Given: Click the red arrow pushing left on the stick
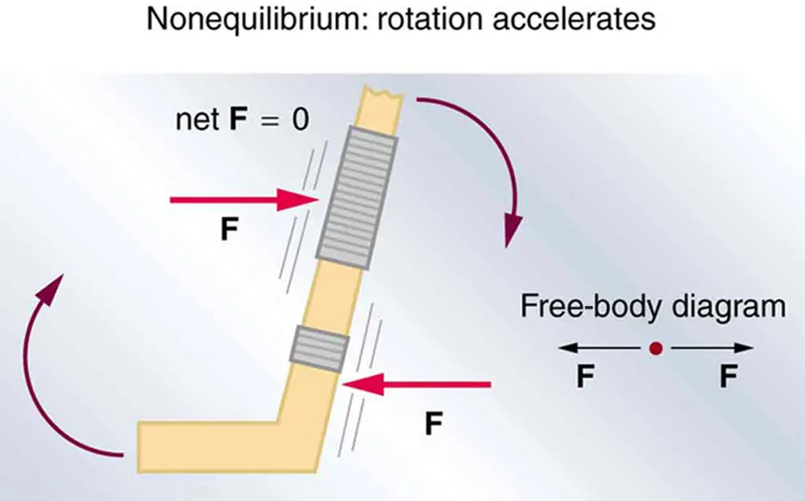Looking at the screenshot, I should pos(416,386).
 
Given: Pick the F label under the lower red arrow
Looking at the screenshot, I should pos(433,422).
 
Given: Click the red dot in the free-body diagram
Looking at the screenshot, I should pos(655,349).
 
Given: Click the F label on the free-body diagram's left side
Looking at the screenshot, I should pos(586,377).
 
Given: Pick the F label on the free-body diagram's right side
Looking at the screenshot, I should pos(727,377).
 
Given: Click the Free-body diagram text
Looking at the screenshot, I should pos(653,307).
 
